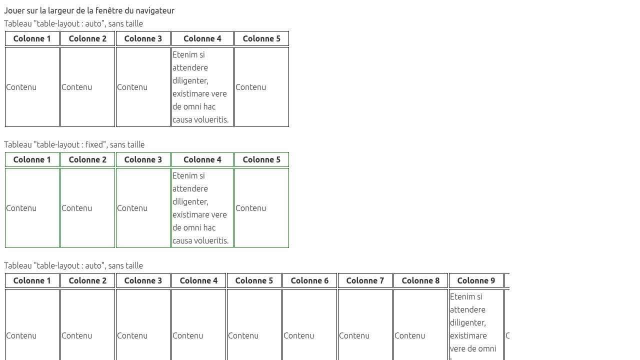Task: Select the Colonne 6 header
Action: (x=309, y=280)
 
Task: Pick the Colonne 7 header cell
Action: (x=365, y=280)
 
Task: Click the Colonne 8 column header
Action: (x=420, y=280)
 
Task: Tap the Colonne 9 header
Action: (x=476, y=280)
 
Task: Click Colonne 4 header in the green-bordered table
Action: (x=202, y=159)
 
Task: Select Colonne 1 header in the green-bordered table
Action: (x=32, y=159)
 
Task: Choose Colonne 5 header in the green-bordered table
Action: (x=261, y=159)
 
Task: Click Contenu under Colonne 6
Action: (x=298, y=335)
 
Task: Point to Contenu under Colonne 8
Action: (x=409, y=335)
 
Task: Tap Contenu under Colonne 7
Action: (x=354, y=335)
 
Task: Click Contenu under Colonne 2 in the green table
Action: (x=76, y=208)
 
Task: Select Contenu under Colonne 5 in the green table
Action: (x=250, y=208)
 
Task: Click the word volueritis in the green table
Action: (x=210, y=240)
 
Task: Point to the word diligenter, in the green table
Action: (x=190, y=201)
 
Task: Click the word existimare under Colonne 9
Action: (x=468, y=335)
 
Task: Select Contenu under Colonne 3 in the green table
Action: (x=132, y=208)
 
